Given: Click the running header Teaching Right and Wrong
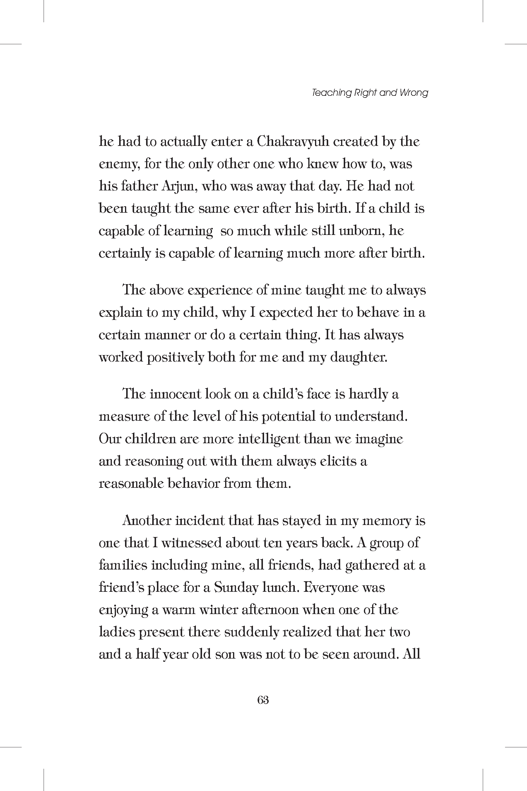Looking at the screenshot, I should (x=370, y=93).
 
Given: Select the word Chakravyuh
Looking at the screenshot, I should (x=293, y=142).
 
